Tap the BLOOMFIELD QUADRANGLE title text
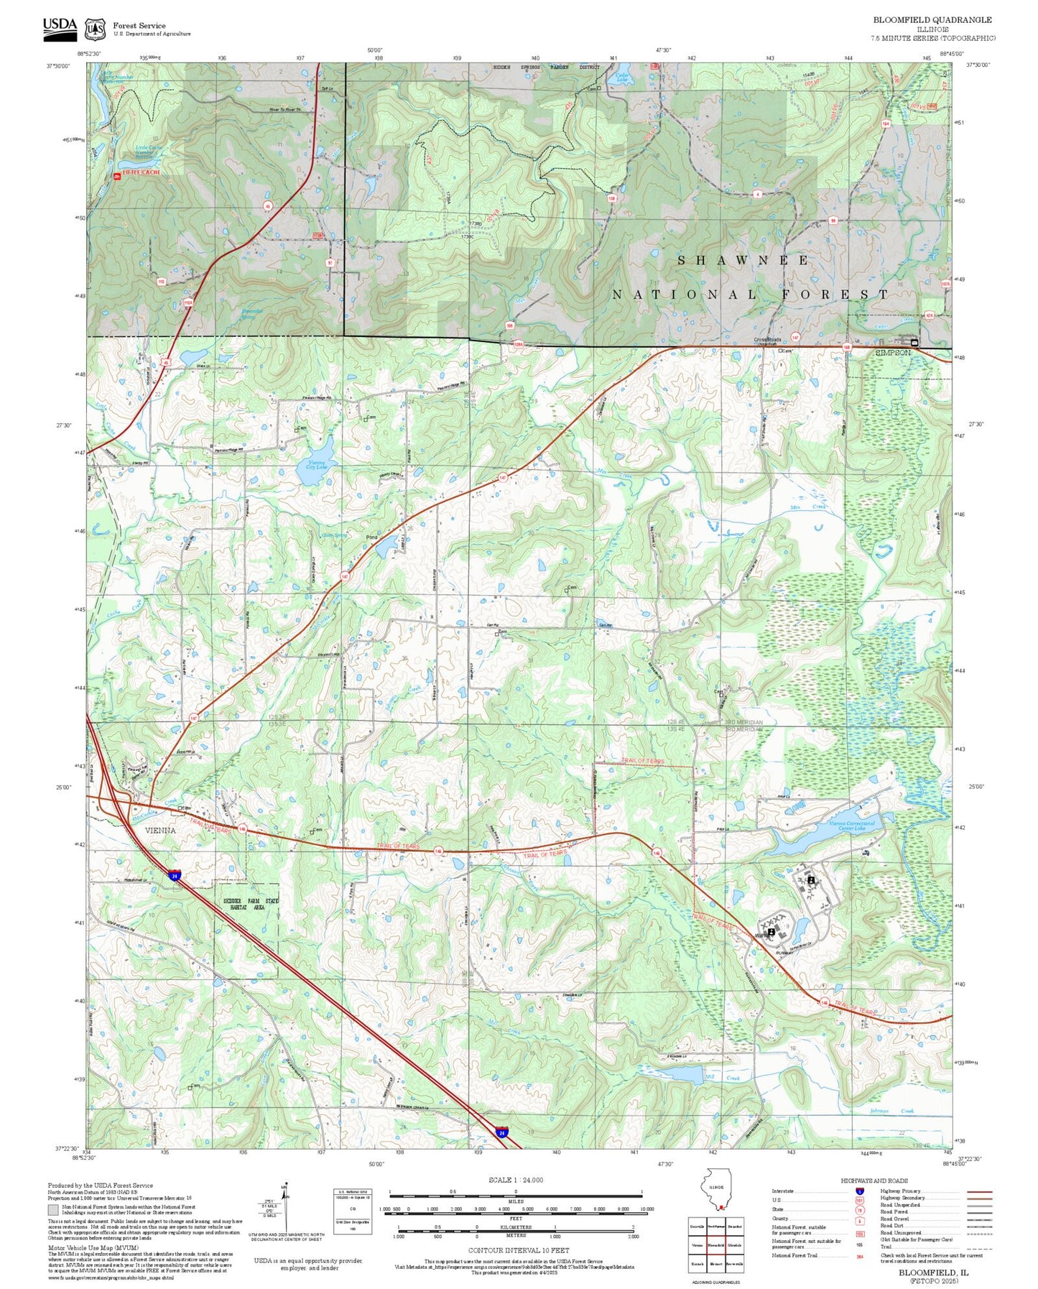(x=932, y=20)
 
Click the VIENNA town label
(x=160, y=830)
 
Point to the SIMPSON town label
(x=893, y=353)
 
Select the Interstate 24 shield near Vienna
(x=175, y=875)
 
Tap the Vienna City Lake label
(x=317, y=464)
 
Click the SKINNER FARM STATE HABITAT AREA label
(x=246, y=905)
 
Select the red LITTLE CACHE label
(x=141, y=173)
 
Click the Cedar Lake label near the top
(x=623, y=78)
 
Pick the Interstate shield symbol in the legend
(x=859, y=1191)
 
